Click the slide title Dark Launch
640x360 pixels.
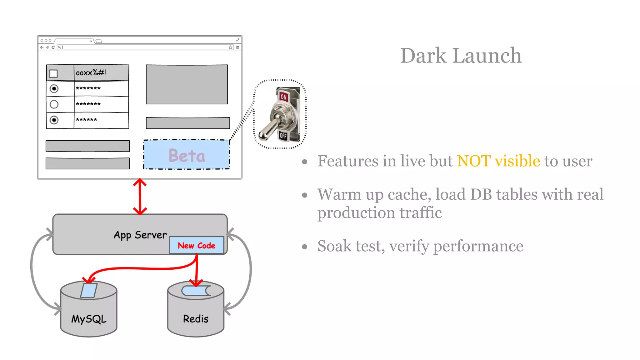point(461,56)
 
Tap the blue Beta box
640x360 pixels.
point(187,155)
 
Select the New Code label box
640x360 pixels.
point(197,245)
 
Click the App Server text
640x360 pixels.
point(140,235)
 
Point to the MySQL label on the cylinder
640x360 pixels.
point(89,319)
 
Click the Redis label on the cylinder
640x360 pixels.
point(196,319)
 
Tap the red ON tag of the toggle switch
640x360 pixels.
point(283,97)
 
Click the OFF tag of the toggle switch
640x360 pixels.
point(283,136)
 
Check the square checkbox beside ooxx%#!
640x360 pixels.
point(54,73)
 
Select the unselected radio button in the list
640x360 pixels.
point(54,104)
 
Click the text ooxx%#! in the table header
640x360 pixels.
point(91,73)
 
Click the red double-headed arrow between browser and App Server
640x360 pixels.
point(140,197)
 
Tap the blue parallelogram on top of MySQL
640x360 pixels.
point(89,290)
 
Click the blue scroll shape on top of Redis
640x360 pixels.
point(196,291)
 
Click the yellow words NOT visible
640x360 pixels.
point(498,161)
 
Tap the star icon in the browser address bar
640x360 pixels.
point(231,47)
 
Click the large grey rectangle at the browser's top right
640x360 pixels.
point(187,84)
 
